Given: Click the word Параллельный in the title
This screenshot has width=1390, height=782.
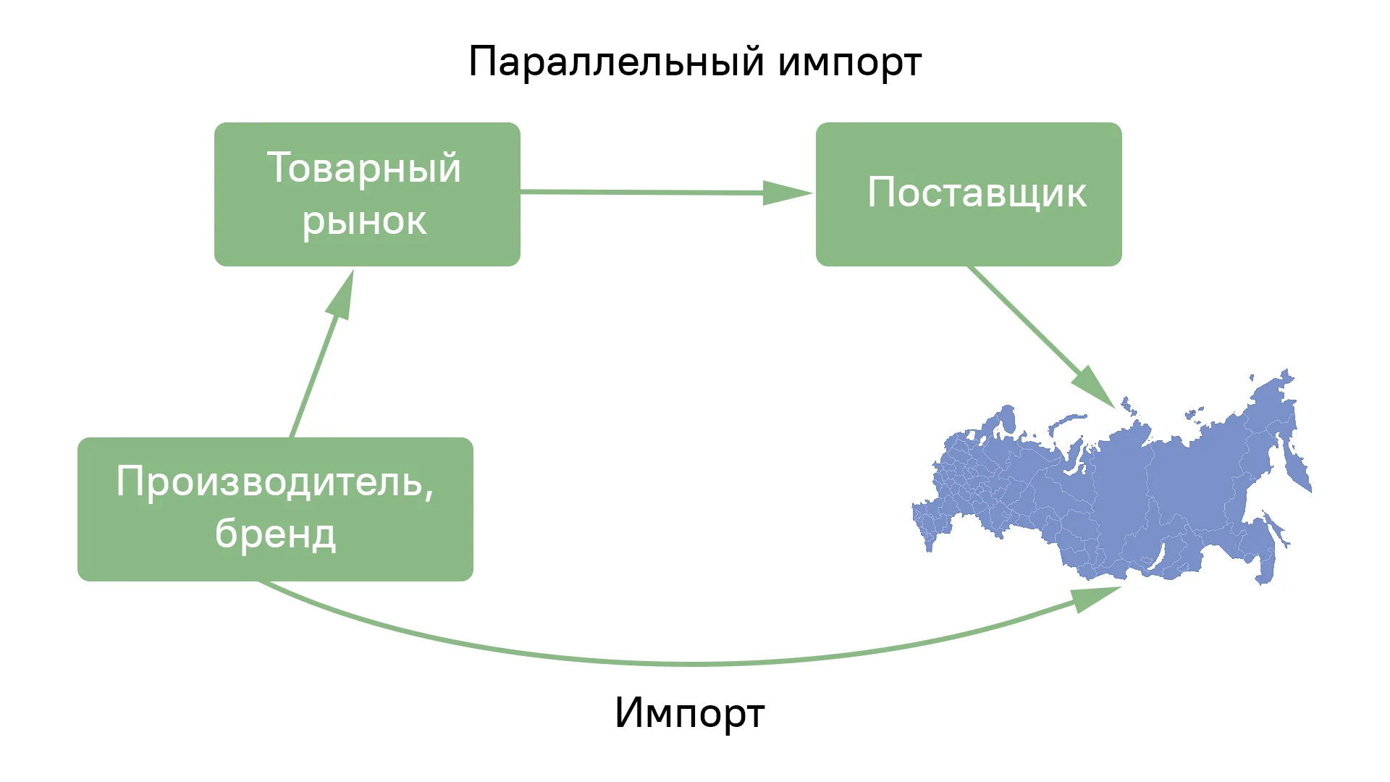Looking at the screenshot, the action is click(x=616, y=62).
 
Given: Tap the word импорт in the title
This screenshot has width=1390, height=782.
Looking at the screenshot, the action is click(x=850, y=64).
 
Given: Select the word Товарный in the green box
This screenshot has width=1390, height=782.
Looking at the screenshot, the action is click(x=364, y=169).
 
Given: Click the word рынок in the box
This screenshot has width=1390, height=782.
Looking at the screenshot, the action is click(x=364, y=221).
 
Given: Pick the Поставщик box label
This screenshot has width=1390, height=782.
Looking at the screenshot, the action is click(x=977, y=193).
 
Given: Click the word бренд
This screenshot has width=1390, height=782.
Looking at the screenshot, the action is click(x=276, y=534).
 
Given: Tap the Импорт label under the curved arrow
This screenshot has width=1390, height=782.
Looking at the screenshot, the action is click(x=689, y=713).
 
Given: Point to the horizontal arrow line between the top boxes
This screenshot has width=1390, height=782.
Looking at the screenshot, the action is click(x=642, y=192).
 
